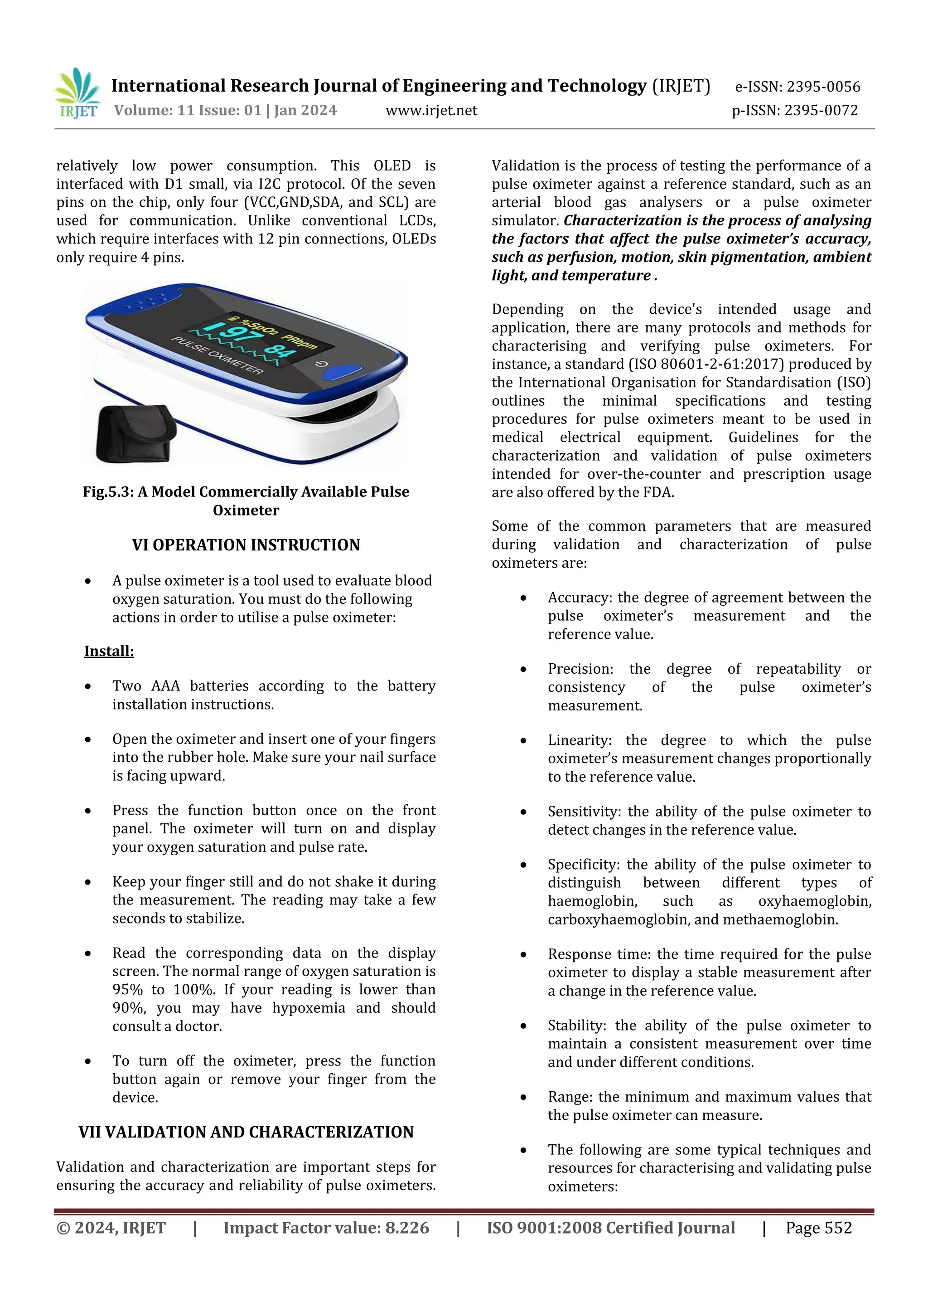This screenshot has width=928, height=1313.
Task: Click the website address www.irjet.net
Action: [x=431, y=110]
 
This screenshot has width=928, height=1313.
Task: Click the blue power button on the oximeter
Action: [x=343, y=372]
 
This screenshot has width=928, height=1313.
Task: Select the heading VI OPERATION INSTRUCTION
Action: [x=246, y=545]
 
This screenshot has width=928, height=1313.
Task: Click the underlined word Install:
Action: [x=109, y=652]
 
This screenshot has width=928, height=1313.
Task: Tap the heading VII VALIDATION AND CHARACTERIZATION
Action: [x=246, y=1132]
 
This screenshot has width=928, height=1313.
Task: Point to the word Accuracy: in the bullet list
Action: [x=580, y=598]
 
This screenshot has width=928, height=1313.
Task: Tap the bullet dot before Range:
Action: [x=523, y=1097]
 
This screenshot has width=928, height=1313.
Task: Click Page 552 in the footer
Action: [x=818, y=1228]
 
